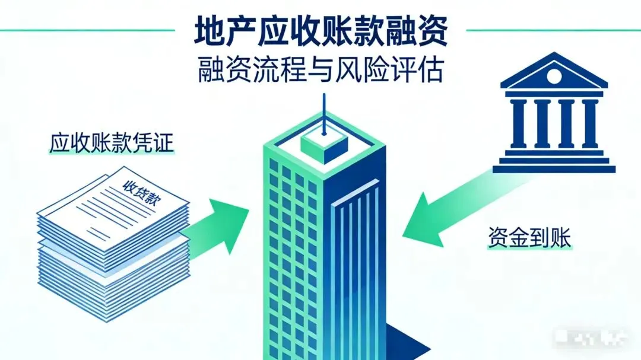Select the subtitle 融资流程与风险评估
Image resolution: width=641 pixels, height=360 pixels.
coord(320,72)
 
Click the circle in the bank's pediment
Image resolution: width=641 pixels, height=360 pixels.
coord(553,77)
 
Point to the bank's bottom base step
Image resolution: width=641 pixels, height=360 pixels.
coord(553,168)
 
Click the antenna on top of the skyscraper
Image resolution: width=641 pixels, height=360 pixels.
coord(323,116)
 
